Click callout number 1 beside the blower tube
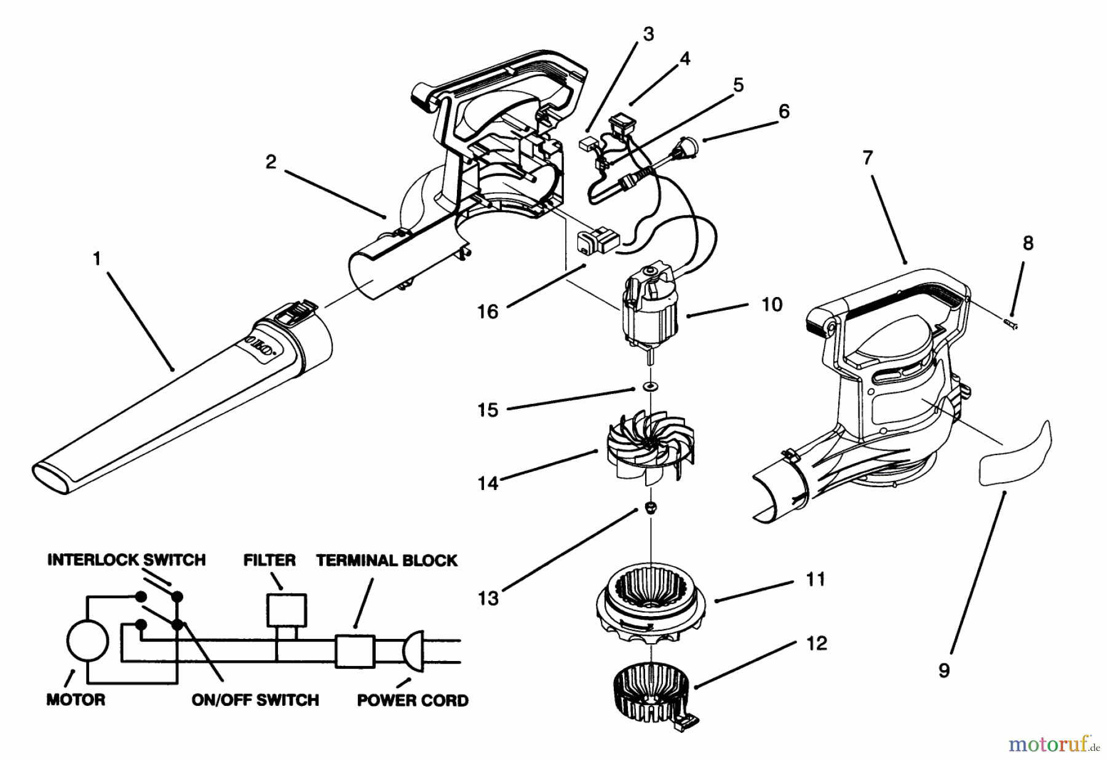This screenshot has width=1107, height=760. (97, 259)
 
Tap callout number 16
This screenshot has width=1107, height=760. (488, 312)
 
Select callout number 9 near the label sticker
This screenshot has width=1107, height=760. (944, 670)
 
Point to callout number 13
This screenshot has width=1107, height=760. (488, 598)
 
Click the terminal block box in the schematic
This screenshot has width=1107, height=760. (355, 651)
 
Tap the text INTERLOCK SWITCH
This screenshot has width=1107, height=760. (126, 560)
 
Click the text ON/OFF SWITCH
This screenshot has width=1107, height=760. (255, 700)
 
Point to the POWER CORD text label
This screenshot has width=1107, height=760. (413, 700)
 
